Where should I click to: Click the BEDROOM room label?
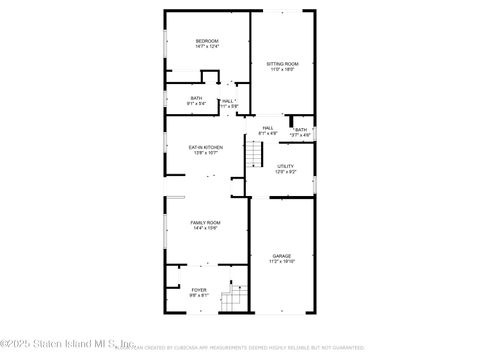pos(207,41)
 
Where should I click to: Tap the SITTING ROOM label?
pos(282,64)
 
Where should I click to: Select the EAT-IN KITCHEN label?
pos(206,147)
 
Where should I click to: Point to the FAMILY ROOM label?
pos(206,222)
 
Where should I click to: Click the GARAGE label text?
pos(282,256)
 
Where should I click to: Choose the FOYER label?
pos(199,290)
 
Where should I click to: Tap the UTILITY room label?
pos(286,166)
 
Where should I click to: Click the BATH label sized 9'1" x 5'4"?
pos(197,97)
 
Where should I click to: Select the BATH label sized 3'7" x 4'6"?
pos(301,130)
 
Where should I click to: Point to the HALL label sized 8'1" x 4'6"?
pos(268,128)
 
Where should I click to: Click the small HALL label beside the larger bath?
pos(228,100)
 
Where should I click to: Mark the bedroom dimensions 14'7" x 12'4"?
pos(207,47)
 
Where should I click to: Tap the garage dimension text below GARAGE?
pos(282,262)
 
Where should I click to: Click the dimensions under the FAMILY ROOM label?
pos(206,228)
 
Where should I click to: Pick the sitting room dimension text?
pos(282,70)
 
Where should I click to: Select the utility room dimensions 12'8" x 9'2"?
pos(286,172)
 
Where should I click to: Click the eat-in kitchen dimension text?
pos(206,153)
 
